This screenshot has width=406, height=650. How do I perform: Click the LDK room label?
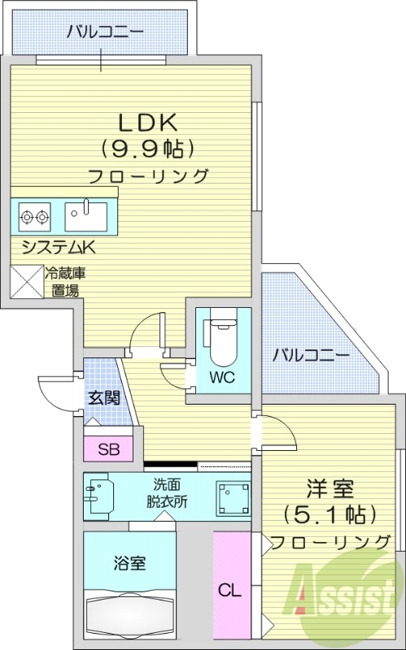148,123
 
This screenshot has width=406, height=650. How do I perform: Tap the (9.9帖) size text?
148,149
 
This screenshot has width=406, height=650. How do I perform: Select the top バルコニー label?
105,32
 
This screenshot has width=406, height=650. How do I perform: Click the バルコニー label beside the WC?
311,355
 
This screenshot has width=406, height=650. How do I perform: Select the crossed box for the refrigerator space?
26,282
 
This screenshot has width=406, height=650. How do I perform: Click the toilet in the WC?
220,340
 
